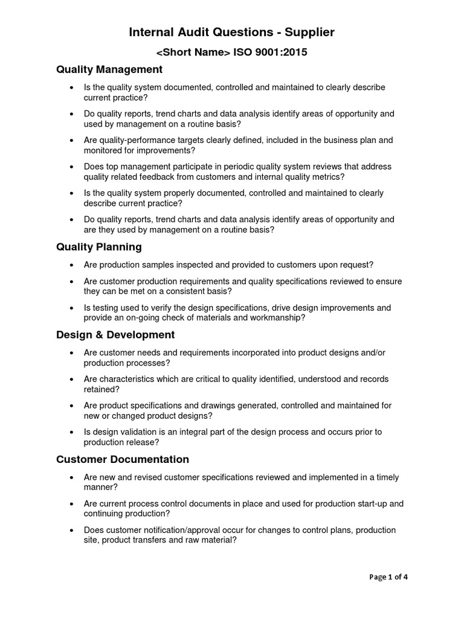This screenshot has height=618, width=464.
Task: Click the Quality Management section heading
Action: click(109, 70)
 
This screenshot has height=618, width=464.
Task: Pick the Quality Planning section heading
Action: click(99, 247)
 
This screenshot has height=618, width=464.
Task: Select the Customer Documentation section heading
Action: click(123, 459)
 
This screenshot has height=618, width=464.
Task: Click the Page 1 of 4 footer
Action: click(388, 576)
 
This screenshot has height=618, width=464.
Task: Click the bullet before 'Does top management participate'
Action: click(72, 167)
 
